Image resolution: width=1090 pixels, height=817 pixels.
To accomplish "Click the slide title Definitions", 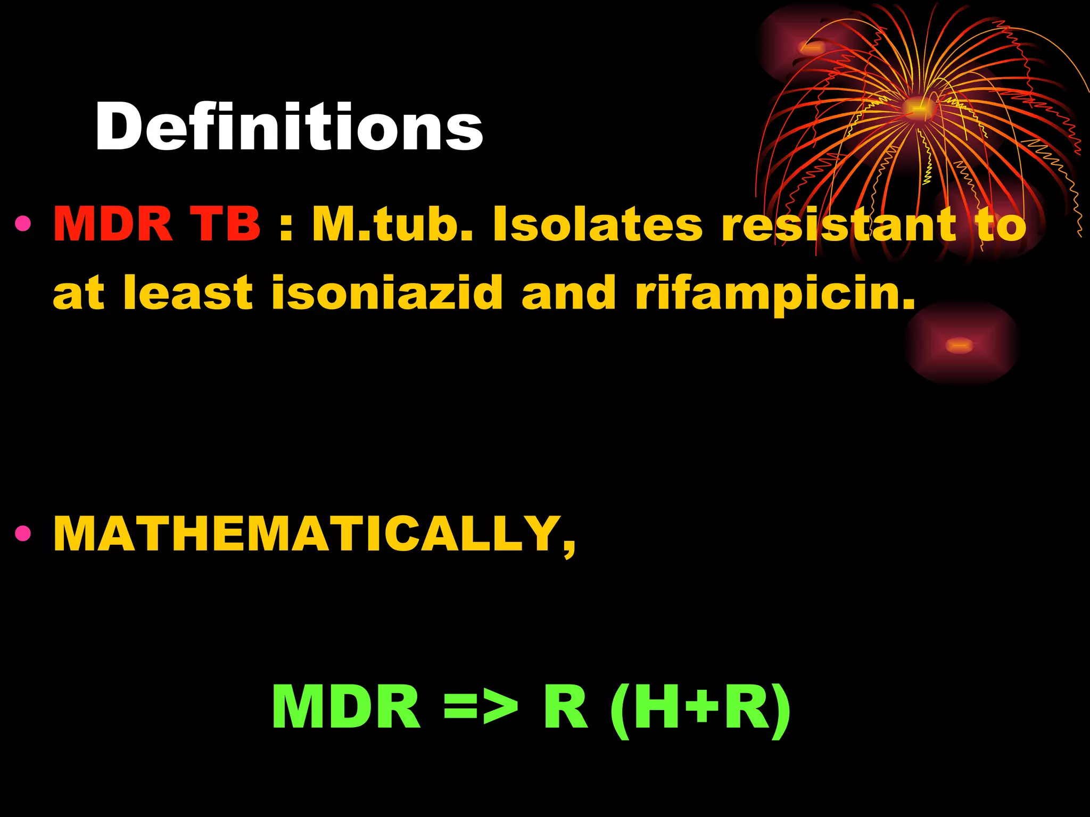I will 289,128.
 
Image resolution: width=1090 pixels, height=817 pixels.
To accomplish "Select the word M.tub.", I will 392,224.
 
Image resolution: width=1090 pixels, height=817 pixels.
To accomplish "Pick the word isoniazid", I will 387,293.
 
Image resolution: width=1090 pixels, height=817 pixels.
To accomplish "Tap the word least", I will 187,293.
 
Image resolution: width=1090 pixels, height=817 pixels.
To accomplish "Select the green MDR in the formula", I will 346,707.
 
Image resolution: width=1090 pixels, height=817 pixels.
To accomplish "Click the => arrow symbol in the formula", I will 481,707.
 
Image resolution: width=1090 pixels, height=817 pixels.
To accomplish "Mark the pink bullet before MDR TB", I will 23,224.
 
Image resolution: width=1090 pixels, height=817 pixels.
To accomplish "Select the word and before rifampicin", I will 568,293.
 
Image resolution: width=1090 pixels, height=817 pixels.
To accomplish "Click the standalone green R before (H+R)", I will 565,707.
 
